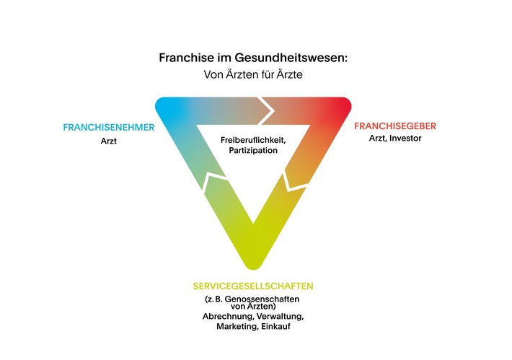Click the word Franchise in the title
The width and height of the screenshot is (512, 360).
(186, 58)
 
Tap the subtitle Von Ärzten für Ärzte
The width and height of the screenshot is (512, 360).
(253, 74)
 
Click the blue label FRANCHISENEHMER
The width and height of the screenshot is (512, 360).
(109, 127)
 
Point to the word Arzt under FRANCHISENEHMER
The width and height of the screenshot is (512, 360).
(109, 141)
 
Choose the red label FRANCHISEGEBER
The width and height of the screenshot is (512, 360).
(395, 126)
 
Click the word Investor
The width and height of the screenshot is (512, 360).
(405, 139)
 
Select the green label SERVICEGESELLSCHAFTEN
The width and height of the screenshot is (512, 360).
(253, 286)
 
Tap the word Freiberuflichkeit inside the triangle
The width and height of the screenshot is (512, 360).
(253, 140)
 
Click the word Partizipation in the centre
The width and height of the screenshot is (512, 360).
(253, 150)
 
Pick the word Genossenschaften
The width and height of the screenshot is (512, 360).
(262, 299)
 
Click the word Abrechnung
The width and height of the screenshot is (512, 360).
(229, 316)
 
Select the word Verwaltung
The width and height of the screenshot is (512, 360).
(281, 316)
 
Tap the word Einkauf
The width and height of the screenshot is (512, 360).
(276, 326)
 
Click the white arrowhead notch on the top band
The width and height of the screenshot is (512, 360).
(266, 110)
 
